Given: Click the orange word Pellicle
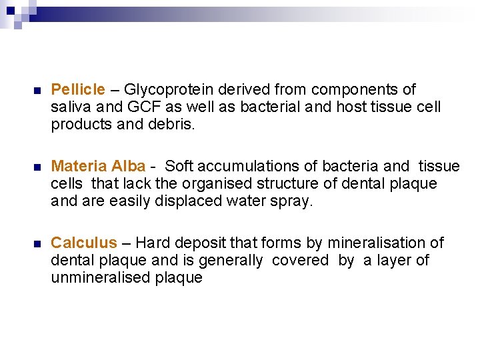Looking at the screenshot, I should point(78,89).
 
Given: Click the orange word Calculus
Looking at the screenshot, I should point(84,243).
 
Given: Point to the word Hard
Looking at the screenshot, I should point(152,243).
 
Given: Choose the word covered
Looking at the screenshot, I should point(300,260).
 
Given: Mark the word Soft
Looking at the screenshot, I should point(179,166).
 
